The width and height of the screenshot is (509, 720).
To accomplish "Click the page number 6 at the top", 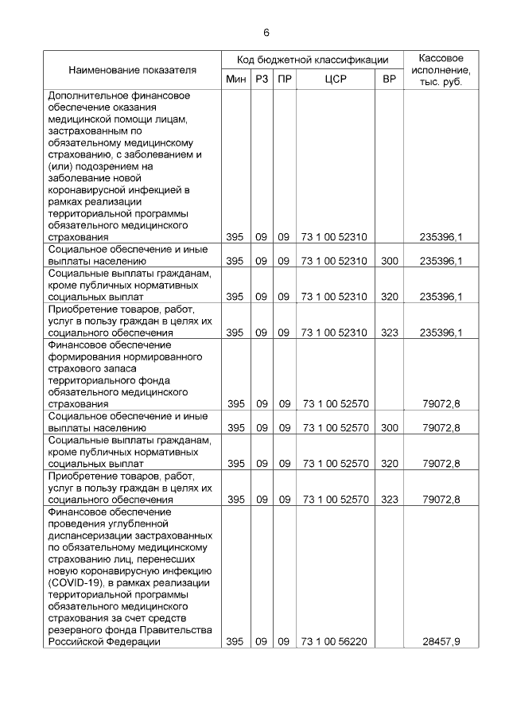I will [266, 32].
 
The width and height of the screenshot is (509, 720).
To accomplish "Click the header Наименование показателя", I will [132, 70].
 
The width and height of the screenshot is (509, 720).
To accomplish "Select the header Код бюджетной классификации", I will [312, 60].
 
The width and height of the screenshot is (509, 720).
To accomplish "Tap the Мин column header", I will [235, 80].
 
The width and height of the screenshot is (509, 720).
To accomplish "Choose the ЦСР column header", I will [335, 80].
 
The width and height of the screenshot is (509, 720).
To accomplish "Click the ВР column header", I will [389, 80].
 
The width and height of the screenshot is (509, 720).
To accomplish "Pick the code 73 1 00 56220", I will [335, 641].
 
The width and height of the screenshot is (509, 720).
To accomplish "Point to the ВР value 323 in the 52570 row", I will [389, 500].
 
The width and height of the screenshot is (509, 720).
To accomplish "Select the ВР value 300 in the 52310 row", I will [389, 261].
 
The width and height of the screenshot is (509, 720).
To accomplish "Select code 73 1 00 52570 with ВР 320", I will [335, 463].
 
